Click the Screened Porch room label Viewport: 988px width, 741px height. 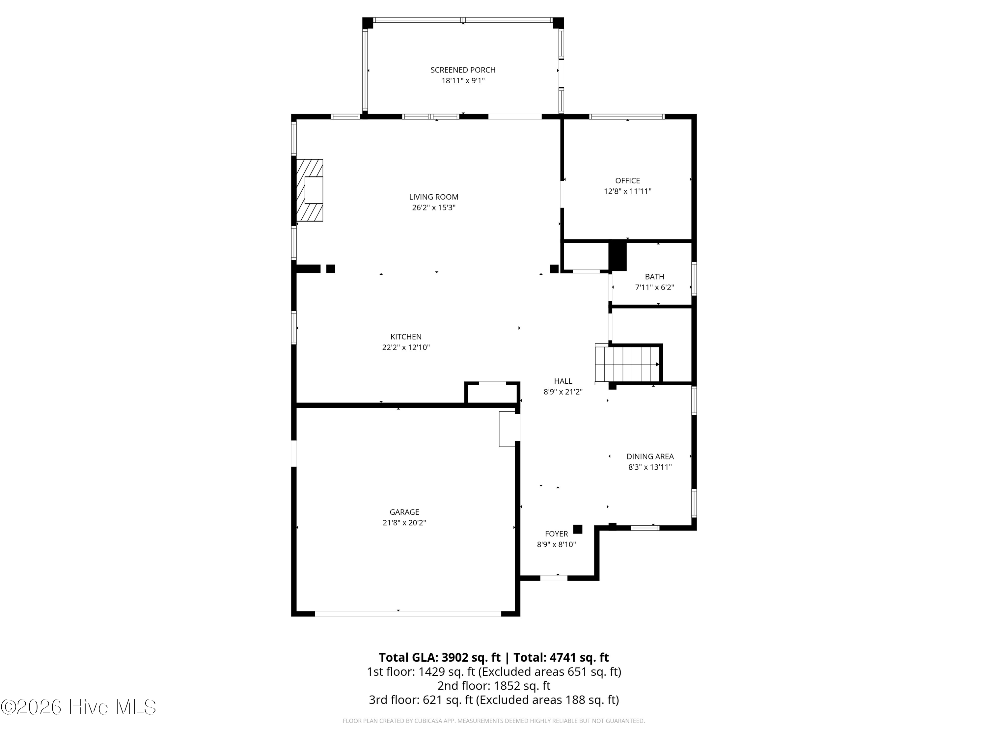click(x=463, y=70)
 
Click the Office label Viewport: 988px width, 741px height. click(x=628, y=180)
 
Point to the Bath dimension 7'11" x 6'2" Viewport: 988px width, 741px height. click(x=654, y=288)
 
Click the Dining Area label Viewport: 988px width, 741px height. click(x=650, y=456)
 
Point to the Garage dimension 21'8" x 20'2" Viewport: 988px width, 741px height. click(x=404, y=523)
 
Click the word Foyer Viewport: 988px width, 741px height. click(x=557, y=534)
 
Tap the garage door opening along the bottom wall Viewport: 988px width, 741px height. click(x=408, y=614)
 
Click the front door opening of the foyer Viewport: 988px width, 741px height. click(x=554, y=578)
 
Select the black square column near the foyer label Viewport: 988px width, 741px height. click(x=578, y=529)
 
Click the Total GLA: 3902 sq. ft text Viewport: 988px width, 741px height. click(x=440, y=657)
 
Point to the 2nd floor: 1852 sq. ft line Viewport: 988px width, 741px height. click(x=494, y=686)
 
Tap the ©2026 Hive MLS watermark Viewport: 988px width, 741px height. click(x=79, y=707)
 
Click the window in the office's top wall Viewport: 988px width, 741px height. click(x=627, y=117)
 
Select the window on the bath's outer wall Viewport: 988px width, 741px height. click(x=694, y=279)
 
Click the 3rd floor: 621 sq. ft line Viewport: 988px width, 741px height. click(x=494, y=700)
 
